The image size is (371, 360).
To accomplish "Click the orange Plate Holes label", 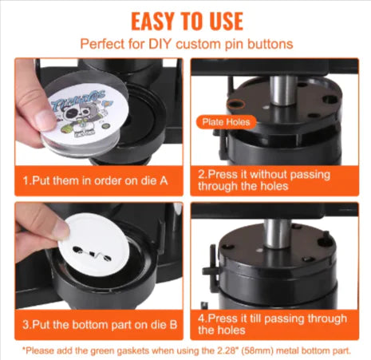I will tap(225, 122).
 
